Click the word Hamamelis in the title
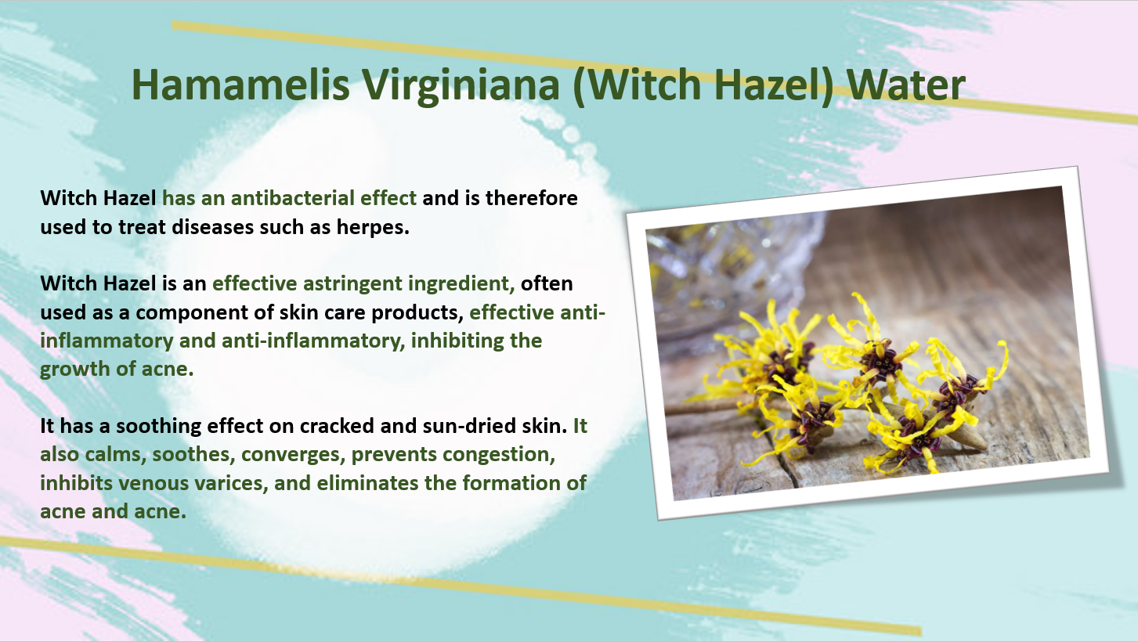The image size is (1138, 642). [x=240, y=85]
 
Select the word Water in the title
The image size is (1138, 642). [x=906, y=85]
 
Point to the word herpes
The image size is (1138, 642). [x=373, y=228]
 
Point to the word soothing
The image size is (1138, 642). [x=158, y=427]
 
